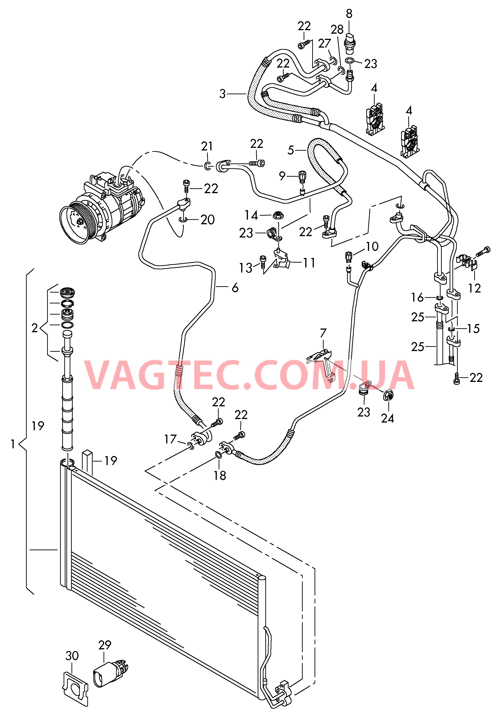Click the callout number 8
349,14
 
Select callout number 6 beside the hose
235,287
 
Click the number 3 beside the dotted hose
222,94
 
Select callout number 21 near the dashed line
207,146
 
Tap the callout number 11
309,263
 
